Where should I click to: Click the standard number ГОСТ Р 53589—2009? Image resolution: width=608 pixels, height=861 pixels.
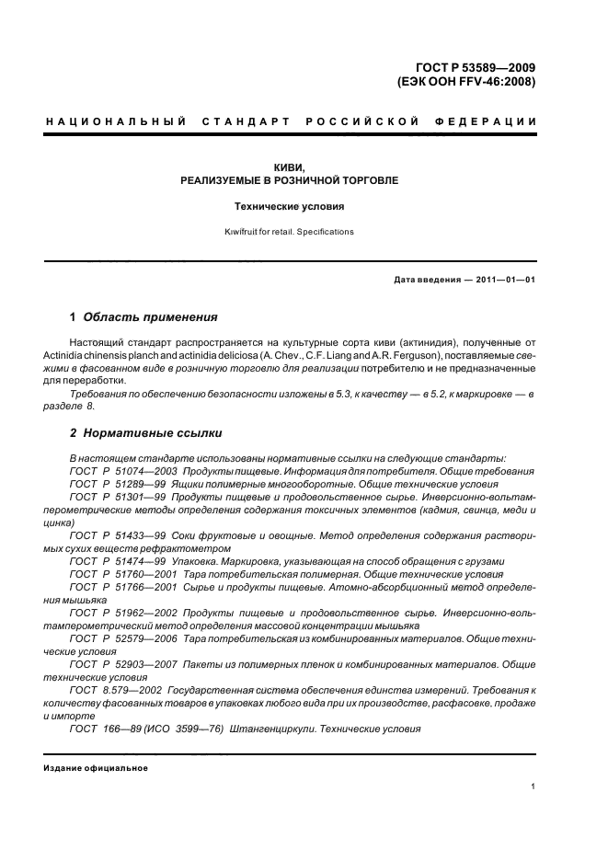476,66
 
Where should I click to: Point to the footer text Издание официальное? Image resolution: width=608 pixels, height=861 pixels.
97,768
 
